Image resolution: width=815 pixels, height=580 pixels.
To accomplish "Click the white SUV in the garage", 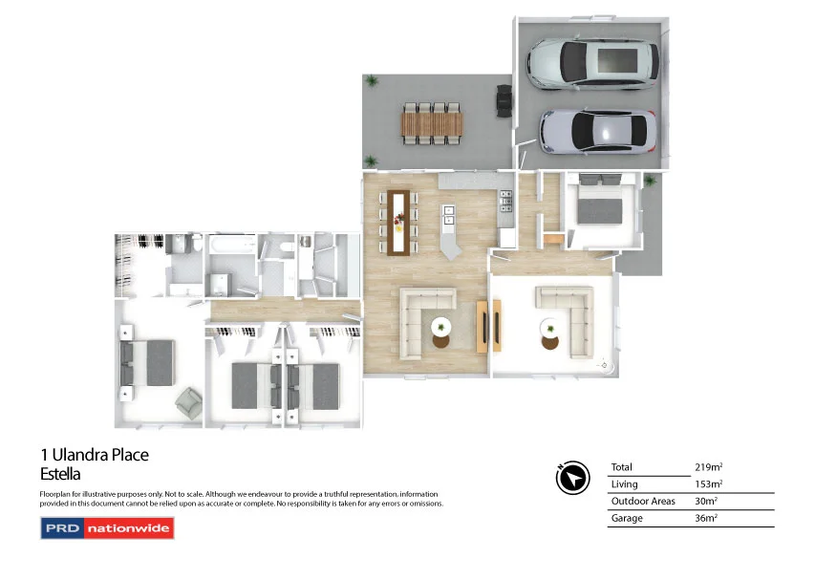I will (593, 63).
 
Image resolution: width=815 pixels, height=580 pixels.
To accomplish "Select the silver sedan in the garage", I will (597, 131).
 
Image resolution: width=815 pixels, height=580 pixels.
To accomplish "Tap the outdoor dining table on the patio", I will (432, 122).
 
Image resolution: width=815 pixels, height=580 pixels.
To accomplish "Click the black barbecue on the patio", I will (504, 99).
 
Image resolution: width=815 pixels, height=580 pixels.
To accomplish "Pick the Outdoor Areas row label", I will (642, 502).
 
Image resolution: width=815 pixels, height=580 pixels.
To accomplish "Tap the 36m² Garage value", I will (707, 519).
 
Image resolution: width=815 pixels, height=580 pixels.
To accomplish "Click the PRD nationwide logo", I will (107, 527).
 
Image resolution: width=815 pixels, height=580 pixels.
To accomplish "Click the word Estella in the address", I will (60, 474).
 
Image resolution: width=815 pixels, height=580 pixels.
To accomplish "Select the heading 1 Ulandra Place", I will (94, 456).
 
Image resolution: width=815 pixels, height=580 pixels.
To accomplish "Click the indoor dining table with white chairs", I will (398, 222).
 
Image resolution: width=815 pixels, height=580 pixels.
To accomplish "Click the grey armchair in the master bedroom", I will (188, 403).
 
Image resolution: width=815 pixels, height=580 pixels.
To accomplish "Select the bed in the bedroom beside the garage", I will (600, 206).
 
